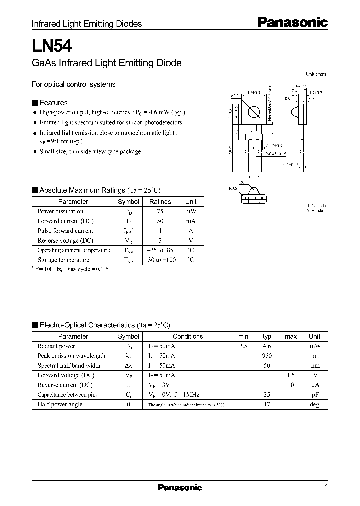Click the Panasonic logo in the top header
tap(292, 22)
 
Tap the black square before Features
tap(34, 103)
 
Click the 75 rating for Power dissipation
tap(160, 211)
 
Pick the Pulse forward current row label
tap(65, 231)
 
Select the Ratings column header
tap(160, 202)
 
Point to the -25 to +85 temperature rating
tap(160, 250)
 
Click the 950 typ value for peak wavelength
tap(267, 356)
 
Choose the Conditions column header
tap(188, 337)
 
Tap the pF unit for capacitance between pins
tap(315, 395)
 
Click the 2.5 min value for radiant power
tap(243, 346)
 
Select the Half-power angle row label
tap(60, 405)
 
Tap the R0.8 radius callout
tap(243, 183)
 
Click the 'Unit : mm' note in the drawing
tap(316, 74)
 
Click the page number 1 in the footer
tap(326, 487)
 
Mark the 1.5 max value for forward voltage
tap(291, 375)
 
